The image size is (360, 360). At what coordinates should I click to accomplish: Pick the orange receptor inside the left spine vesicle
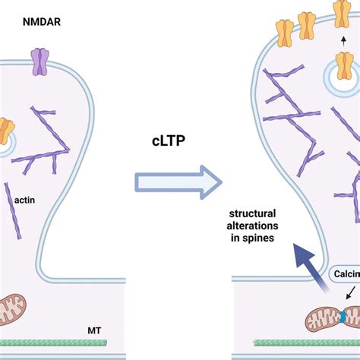pos(5,130)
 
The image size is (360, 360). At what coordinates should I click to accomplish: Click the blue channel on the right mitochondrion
pos(344,313)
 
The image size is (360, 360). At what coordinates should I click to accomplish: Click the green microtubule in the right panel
pos(304,343)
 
